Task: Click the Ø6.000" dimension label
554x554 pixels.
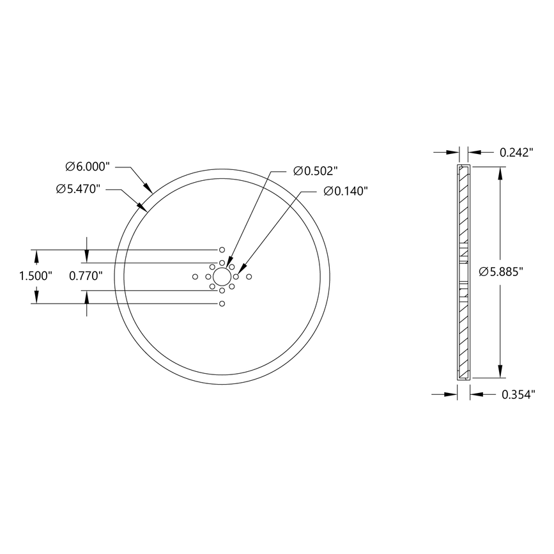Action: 88,167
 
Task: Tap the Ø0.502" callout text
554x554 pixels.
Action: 315,171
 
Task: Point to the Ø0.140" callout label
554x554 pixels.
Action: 346,191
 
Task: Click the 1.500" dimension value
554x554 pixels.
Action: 36,276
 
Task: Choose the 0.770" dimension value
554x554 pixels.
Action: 86,276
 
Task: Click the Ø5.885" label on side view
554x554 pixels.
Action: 502,272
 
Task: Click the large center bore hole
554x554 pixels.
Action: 222,277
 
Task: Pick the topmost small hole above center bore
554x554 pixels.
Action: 222,249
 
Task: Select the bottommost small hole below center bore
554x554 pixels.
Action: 222,304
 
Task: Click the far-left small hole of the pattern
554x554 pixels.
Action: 195,277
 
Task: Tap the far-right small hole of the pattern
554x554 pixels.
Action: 249,277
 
